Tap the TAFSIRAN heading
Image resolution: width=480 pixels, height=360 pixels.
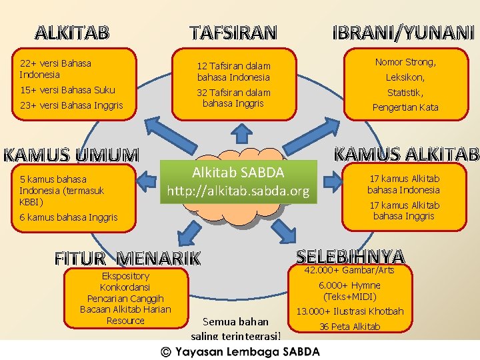pos(232,32)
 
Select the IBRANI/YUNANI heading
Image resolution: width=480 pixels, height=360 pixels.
pos(403,32)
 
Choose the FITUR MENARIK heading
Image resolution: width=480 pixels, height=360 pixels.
pos(127,257)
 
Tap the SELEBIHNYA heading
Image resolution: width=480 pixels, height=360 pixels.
pos(351,256)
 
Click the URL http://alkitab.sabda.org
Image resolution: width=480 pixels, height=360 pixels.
pos(238,192)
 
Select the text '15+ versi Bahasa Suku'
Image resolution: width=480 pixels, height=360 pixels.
pos(67,90)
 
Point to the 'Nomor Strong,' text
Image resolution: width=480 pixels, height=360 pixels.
pos(405,63)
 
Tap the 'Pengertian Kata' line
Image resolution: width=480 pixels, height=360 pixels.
pos(405,107)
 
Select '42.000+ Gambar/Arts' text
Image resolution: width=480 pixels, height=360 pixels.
pos(349,270)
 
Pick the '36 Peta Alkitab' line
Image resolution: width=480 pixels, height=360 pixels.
pos(349,327)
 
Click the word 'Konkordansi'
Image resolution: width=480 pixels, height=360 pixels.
pos(125,287)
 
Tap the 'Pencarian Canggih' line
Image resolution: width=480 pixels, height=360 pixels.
pos(125,299)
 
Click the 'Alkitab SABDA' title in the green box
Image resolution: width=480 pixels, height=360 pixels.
pos(238,173)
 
